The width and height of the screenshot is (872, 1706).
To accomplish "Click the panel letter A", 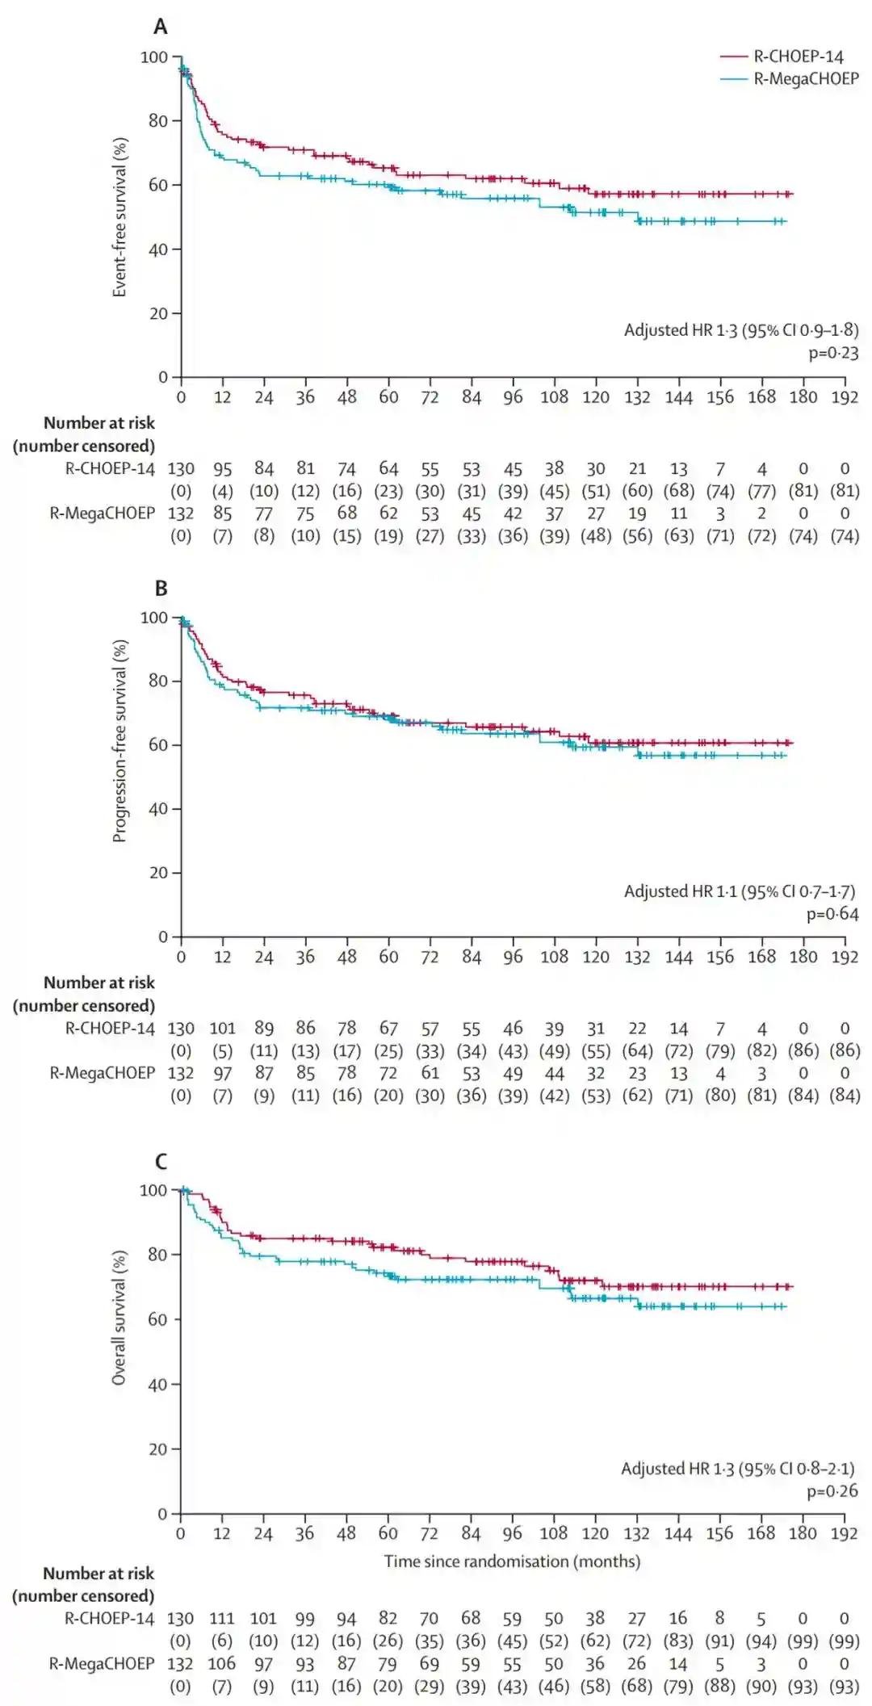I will pos(161,27).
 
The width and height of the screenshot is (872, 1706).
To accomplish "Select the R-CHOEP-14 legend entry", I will pos(798,57).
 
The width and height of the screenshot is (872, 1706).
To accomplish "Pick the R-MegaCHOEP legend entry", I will pos(806,78).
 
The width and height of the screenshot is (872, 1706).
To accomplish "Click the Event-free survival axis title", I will pos(119,217).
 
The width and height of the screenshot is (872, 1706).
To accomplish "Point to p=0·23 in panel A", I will pos(833,353).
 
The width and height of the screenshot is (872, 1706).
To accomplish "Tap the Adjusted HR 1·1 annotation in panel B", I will pos(739,891).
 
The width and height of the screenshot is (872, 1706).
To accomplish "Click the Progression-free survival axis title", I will pos(119,740).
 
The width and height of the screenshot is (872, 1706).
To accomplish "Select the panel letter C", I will pos(161,1161).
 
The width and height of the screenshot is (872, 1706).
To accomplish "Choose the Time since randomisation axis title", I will pos(512,1561).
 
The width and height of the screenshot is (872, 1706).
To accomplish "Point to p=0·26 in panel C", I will pos(832,1490).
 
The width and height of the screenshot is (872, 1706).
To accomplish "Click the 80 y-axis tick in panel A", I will pos(158,121).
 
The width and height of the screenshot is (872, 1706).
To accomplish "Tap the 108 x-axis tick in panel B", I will pos(554,957).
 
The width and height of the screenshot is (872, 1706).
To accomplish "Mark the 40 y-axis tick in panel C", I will pos(157,1384).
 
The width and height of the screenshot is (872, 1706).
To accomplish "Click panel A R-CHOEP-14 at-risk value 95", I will pos(222,469).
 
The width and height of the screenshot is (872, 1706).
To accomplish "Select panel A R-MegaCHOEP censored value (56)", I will pos(637,535).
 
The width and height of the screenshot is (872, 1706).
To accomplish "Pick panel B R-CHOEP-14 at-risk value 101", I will pos(222,1029).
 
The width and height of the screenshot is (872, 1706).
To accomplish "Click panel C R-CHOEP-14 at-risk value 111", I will pos(221,1619).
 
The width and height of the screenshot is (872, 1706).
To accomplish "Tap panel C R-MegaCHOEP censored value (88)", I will pos(719,1687).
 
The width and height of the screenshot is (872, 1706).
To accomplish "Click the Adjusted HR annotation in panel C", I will pos(737,1468).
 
